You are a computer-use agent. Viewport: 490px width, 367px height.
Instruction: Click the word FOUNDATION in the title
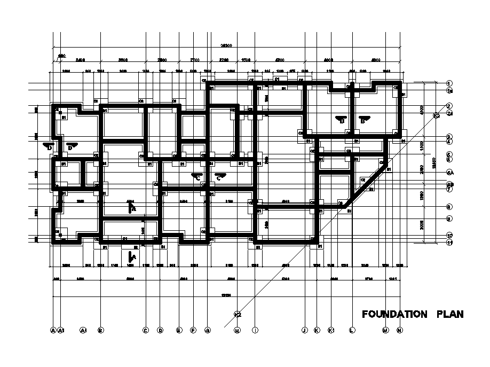click(394, 314)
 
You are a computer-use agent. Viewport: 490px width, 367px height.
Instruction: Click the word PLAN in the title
click(449, 314)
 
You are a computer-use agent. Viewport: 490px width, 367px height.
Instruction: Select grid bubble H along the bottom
click(236, 330)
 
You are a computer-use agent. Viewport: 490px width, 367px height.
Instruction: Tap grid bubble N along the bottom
click(400, 330)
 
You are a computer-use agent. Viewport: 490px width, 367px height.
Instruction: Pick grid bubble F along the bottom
click(193, 330)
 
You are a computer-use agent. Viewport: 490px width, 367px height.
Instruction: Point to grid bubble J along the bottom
click(305, 330)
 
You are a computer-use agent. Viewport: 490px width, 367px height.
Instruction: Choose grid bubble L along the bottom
click(352, 330)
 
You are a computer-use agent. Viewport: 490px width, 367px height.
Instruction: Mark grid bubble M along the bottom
click(385, 330)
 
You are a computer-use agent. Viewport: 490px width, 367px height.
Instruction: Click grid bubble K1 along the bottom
click(331, 330)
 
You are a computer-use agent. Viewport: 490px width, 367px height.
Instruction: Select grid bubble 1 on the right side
click(449, 83)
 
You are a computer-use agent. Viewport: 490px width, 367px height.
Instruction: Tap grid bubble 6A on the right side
click(450, 173)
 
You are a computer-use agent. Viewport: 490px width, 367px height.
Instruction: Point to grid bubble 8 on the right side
click(449, 207)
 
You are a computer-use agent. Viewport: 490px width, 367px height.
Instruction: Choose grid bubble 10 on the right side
click(449, 235)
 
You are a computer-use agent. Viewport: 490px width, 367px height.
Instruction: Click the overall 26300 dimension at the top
click(226, 46)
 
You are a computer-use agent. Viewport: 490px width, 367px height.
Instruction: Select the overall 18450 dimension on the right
click(433, 163)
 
